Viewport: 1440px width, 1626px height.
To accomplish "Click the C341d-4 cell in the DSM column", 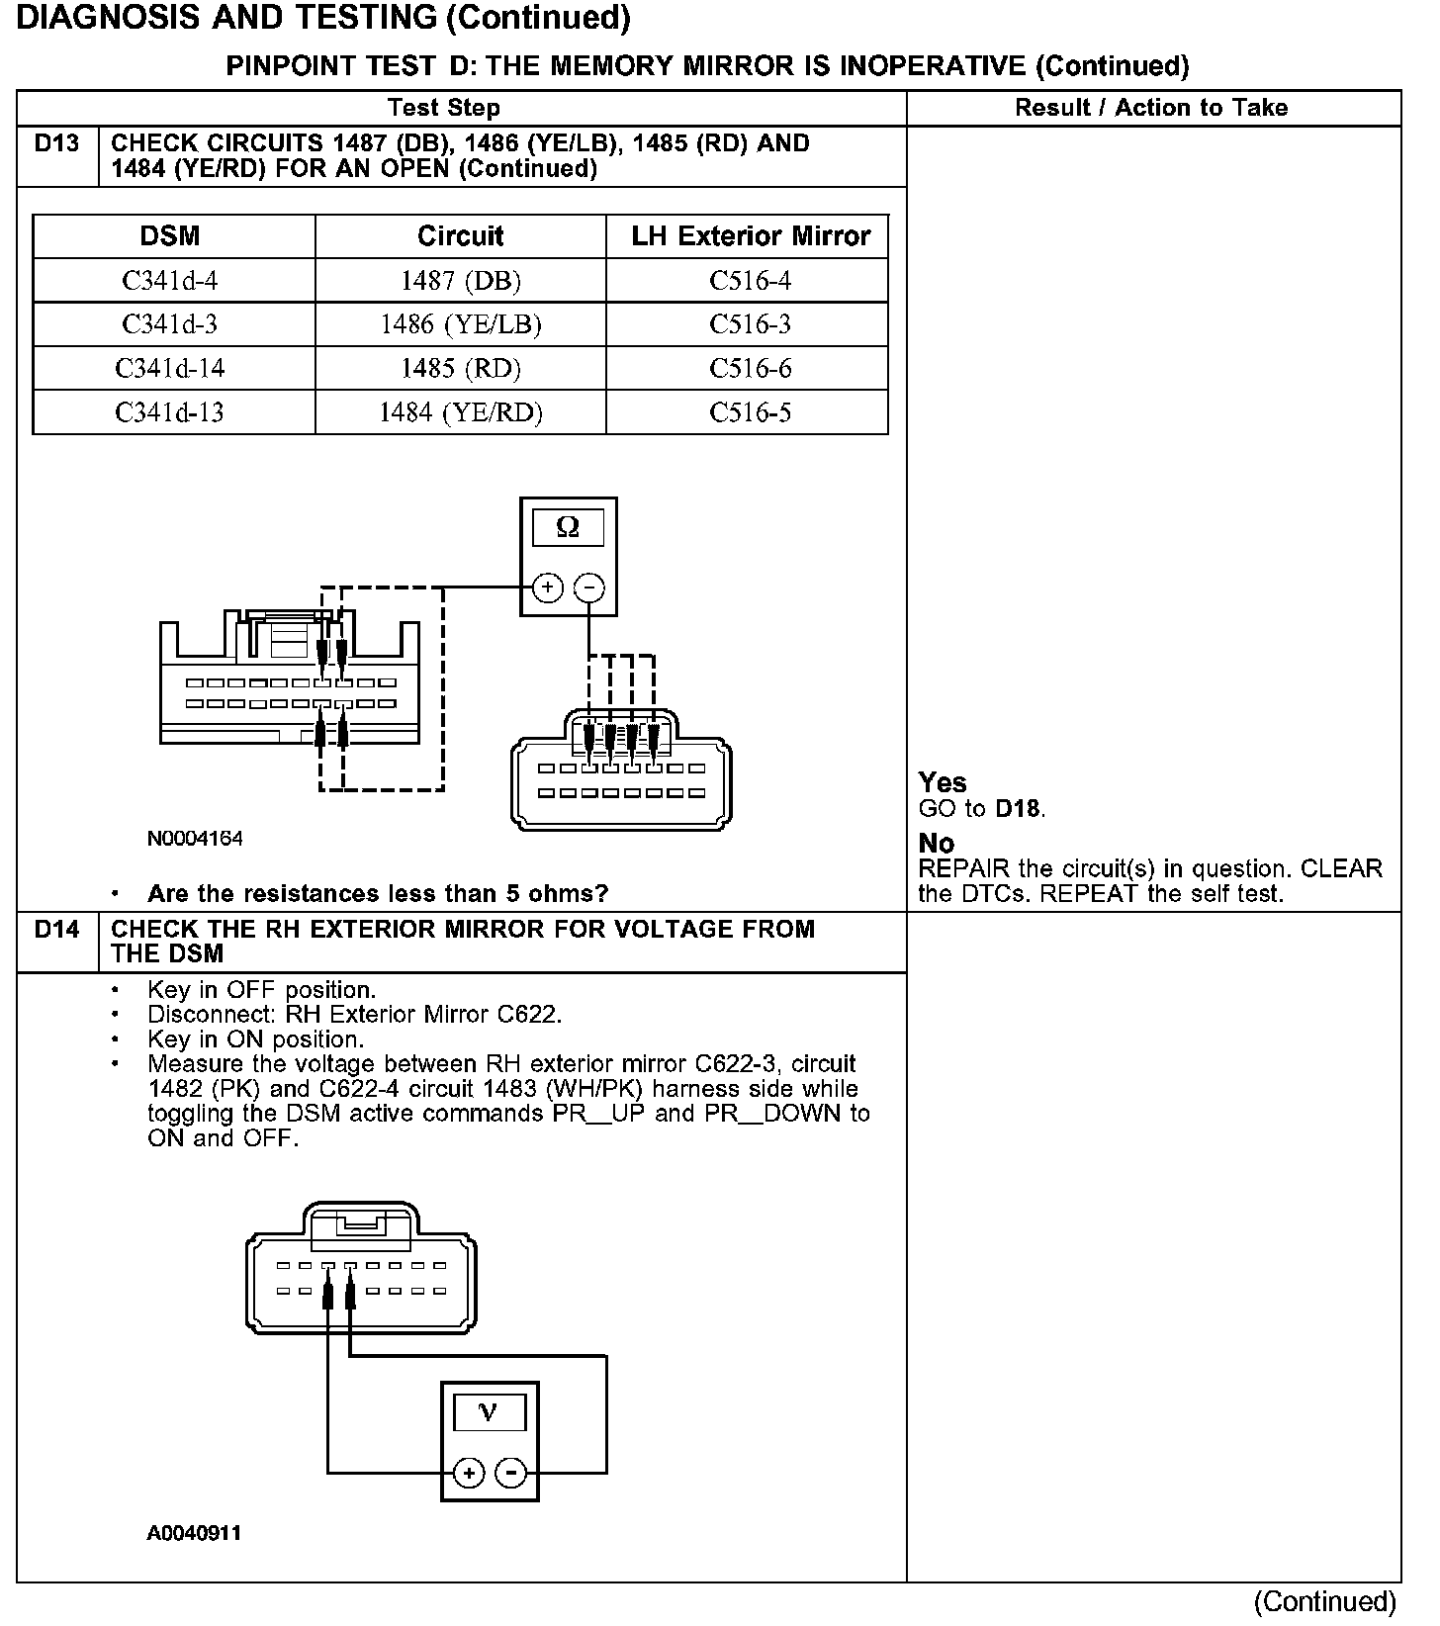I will (170, 281).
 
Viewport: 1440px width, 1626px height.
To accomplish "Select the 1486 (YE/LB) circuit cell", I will (461, 324).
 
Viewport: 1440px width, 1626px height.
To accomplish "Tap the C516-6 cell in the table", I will (750, 369).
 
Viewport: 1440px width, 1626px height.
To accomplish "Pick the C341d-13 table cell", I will (170, 412).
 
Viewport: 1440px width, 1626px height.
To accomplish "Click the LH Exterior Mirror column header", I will (750, 236).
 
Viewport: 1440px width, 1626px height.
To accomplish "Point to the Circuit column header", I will (461, 236).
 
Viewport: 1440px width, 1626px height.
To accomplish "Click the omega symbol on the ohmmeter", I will (568, 527).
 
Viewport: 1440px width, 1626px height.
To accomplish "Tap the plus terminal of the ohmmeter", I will (547, 588).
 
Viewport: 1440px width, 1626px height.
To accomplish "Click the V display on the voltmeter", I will (489, 1412).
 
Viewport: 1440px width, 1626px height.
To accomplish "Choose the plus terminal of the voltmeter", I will (469, 1474).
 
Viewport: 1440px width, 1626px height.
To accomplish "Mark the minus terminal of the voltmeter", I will (510, 1474).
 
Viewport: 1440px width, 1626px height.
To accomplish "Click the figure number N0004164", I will (195, 839).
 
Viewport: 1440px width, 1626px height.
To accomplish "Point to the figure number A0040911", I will (194, 1534).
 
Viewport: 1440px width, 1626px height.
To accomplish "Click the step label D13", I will (56, 144).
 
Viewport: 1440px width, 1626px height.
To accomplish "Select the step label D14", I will (56, 930).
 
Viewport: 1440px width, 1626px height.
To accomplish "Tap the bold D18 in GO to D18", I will (1018, 809).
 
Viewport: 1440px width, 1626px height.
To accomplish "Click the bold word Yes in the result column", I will (942, 783).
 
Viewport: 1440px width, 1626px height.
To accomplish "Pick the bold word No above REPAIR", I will (936, 844).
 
